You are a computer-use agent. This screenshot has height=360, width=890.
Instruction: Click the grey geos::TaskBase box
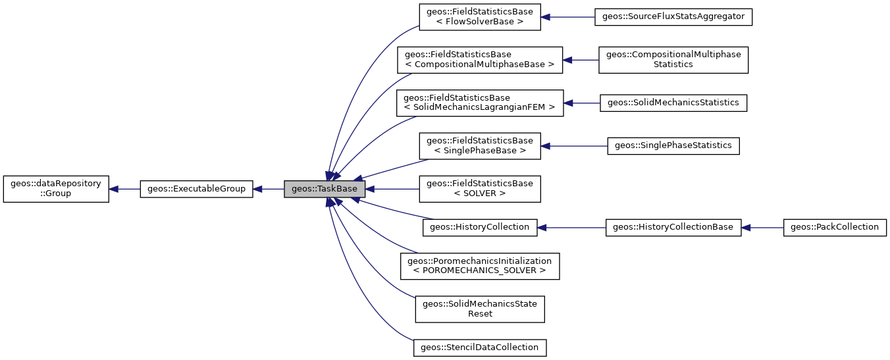tap(324, 189)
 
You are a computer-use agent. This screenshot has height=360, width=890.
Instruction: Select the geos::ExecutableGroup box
tap(196, 189)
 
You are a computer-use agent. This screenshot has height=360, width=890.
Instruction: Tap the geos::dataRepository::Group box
tap(56, 189)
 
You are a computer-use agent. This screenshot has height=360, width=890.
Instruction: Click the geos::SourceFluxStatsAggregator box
tap(673, 17)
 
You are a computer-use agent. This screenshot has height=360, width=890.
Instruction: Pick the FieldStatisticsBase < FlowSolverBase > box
tap(480, 17)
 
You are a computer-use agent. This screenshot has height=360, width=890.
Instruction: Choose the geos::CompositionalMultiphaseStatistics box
tap(673, 60)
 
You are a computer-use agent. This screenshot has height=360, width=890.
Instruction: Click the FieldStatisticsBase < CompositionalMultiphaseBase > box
tap(480, 60)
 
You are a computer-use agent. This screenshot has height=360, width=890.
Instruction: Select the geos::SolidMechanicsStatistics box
tap(673, 103)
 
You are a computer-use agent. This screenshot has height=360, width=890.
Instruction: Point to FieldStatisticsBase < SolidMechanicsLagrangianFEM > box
tap(480, 103)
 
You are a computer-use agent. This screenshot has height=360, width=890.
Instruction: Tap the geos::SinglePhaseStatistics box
tap(673, 145)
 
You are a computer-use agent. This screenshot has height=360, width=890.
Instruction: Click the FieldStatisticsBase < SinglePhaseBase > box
tap(480, 145)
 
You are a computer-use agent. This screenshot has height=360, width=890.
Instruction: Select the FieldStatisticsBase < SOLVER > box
tap(480, 189)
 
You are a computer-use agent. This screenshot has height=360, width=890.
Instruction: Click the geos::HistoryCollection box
tap(479, 227)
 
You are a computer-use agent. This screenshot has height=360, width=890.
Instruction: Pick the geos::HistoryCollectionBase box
tap(673, 227)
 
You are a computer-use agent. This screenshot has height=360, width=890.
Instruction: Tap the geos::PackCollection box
tap(835, 227)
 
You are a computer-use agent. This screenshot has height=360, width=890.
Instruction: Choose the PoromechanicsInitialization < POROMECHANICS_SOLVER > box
tap(480, 266)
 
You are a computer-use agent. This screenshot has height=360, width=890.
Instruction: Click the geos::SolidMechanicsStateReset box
tap(480, 309)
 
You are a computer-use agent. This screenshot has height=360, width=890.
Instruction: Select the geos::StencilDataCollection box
tap(480, 347)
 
